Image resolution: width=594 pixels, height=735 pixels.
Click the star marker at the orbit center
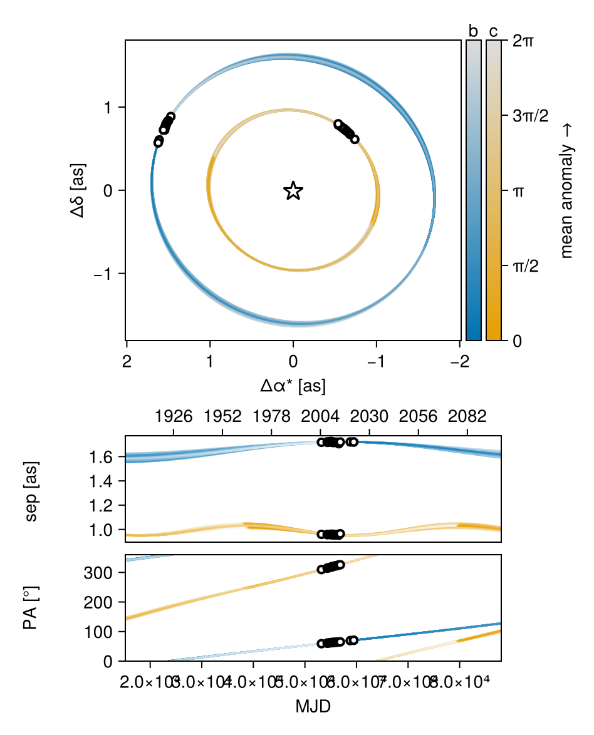[293, 191]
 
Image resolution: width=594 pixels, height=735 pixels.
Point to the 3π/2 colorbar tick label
[530, 116]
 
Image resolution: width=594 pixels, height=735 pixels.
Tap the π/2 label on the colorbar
[526, 266]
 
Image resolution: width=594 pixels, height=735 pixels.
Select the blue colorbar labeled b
[474, 190]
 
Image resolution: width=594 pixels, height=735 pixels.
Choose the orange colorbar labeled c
[494, 190]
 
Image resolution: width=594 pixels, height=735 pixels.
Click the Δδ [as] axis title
[80, 190]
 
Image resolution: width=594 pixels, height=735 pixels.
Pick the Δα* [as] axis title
[293, 386]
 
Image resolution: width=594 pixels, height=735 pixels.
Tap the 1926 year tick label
[174, 418]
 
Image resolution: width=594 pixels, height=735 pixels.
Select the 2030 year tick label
[370, 418]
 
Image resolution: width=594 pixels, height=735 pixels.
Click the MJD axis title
[313, 707]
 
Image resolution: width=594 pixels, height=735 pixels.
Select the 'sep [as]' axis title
[31, 489]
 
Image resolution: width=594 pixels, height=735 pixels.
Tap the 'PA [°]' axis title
[31, 608]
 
